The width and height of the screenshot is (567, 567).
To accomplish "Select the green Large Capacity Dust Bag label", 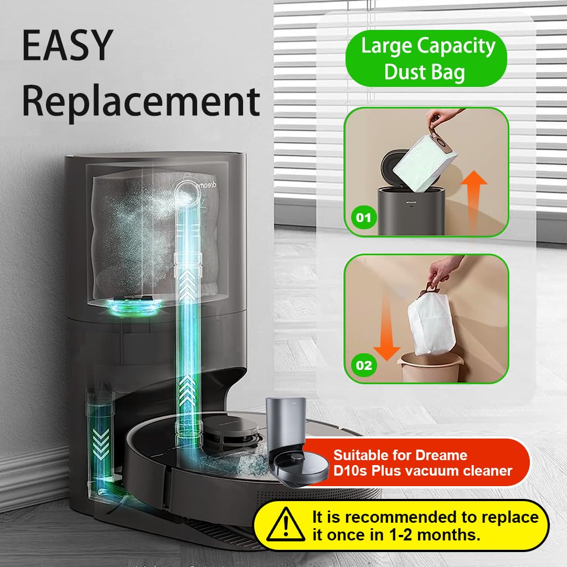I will (427, 59).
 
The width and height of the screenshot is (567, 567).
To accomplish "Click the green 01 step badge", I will (364, 218).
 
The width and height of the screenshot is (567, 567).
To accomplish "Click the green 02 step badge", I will (364, 365).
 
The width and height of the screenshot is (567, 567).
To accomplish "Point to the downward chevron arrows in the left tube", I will (101, 443).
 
